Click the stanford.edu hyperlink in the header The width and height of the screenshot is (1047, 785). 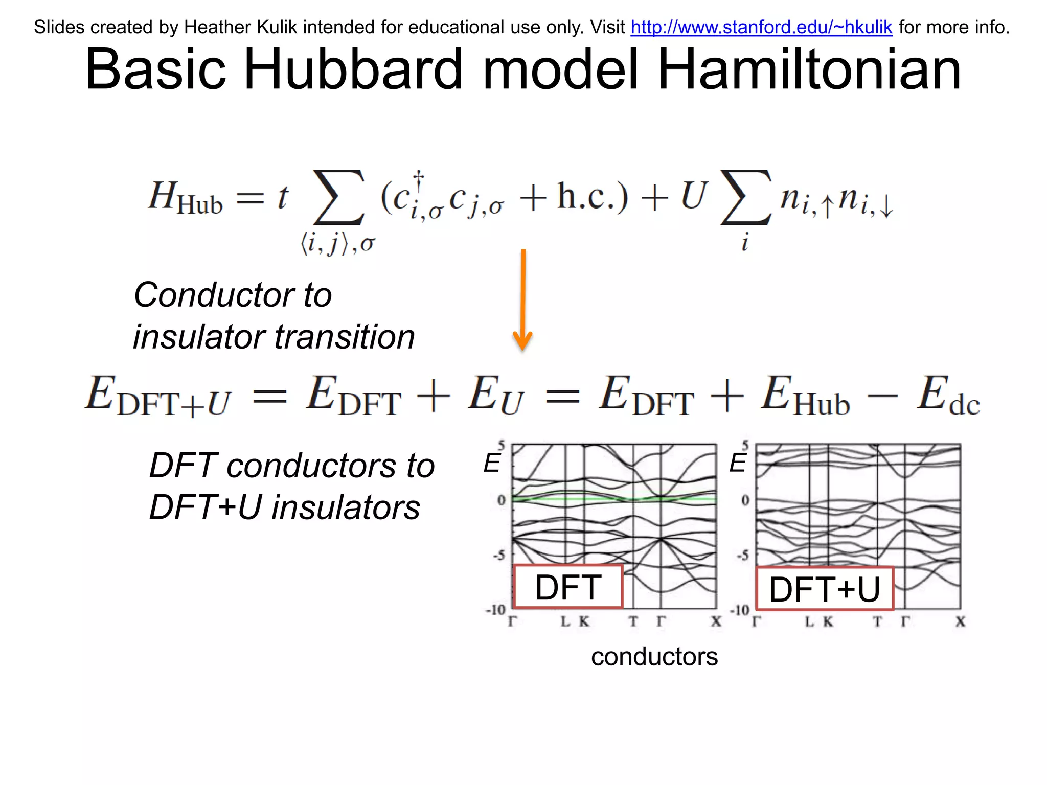[761, 27]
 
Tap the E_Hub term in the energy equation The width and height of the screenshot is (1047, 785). [805, 397]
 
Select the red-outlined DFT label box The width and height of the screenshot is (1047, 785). [568, 587]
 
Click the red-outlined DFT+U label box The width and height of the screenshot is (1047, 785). [824, 589]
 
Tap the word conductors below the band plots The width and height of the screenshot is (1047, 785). [654, 657]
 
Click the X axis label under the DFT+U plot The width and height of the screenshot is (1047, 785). [961, 622]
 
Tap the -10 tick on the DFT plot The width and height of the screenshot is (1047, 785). [495, 610]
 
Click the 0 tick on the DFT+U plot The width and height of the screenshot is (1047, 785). [745, 500]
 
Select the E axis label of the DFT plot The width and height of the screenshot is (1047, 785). [492, 463]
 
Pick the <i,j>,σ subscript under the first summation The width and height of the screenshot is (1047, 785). [338, 244]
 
